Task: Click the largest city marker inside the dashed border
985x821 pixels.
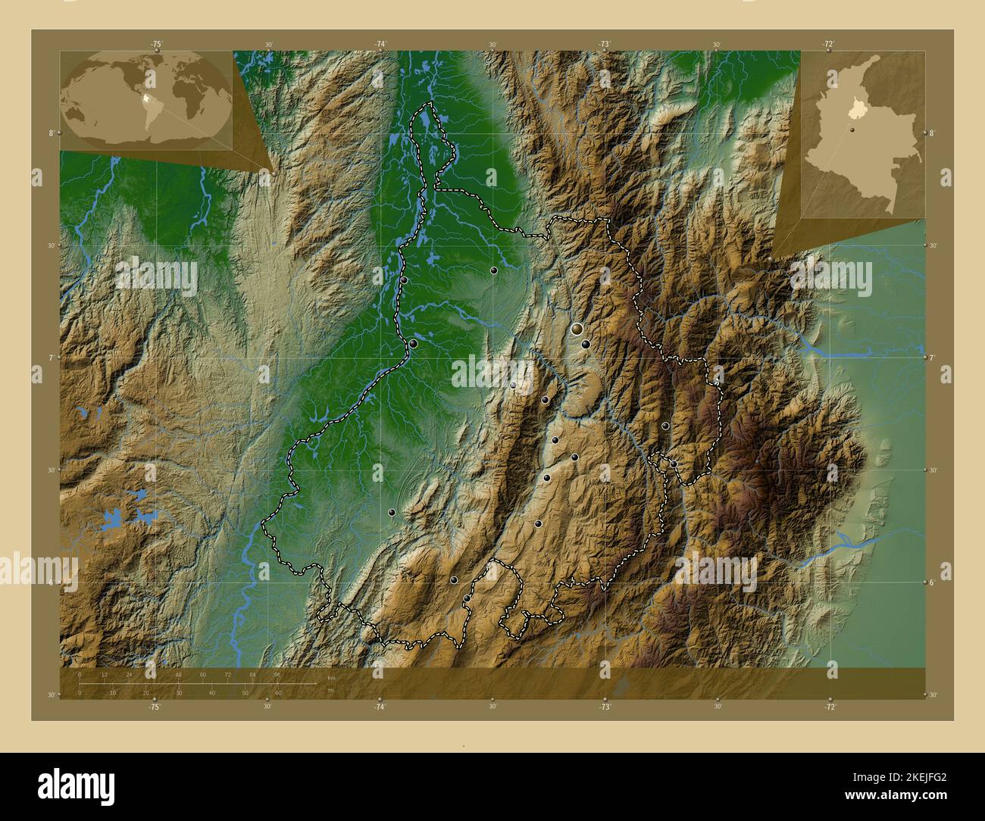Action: click(577, 329)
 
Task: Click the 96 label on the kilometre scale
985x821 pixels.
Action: click(277, 674)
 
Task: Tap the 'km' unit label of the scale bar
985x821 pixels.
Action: click(331, 678)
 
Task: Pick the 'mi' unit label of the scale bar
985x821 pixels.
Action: click(330, 690)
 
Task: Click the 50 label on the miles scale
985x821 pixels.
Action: click(245, 692)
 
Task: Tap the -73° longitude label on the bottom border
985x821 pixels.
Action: click(605, 706)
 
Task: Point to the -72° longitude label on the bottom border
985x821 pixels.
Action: click(830, 706)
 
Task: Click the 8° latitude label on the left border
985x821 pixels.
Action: click(51, 133)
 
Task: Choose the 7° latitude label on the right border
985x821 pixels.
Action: click(933, 357)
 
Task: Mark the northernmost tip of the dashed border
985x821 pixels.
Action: click(430, 103)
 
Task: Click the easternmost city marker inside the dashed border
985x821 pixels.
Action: click(674, 464)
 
